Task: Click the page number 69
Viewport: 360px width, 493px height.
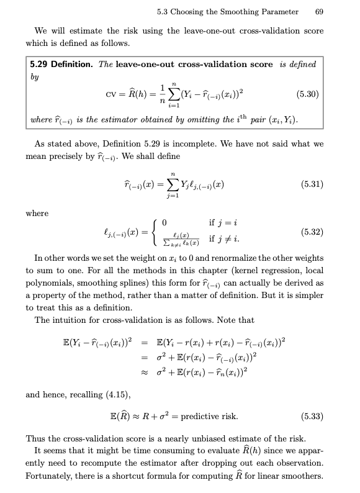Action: tap(319, 12)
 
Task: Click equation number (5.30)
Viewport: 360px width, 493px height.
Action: tap(308, 95)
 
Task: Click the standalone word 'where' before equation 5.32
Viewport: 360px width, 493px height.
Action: tap(37, 213)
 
